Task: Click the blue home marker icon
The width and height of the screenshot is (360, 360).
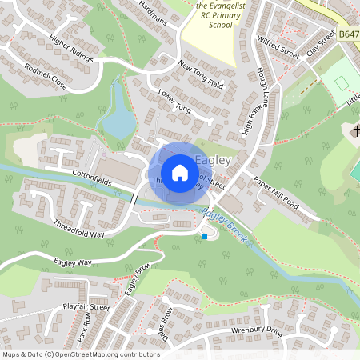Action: pyautogui.click(x=180, y=173)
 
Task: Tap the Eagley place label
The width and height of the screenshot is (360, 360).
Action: pyautogui.click(x=214, y=161)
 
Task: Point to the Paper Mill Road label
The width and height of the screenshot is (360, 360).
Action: pyautogui.click(x=276, y=194)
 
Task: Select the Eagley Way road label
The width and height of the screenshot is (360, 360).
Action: pyautogui.click(x=74, y=262)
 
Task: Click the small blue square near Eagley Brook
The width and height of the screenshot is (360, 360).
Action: pyautogui.click(x=205, y=237)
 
